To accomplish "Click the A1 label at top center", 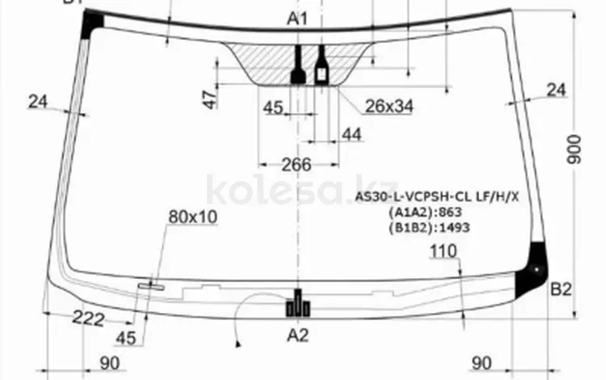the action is point(297,19).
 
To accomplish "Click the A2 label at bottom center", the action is point(297,336).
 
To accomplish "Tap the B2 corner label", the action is point(561,289).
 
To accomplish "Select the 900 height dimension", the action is point(574,150).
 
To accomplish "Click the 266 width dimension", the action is point(297,165).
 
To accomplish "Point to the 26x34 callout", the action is point(389,106).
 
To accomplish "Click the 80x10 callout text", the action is point(193,217).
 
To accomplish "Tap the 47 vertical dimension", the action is point(211,99).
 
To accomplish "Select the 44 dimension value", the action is point(351,134).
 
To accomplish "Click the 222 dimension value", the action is point(88,319).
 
